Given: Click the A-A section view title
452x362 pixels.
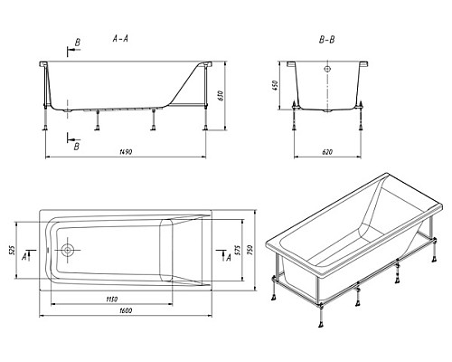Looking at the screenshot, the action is (120, 38).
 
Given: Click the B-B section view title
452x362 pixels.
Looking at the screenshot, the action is (327, 40).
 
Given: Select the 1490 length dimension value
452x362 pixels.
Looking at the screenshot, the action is (126, 152).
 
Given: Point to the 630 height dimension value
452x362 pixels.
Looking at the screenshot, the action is (221, 95).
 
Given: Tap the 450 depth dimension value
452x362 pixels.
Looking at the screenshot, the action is (275, 86).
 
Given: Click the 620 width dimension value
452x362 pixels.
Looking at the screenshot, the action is (327, 152).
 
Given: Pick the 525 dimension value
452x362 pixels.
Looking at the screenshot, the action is (12, 250).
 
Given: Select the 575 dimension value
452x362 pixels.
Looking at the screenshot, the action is (237, 250).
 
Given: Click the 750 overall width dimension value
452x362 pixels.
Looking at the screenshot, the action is (250, 250).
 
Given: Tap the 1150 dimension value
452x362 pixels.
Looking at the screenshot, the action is (111, 300).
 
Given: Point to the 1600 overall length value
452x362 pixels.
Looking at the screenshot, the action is (126, 310).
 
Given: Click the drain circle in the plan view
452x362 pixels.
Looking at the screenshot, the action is (68, 250).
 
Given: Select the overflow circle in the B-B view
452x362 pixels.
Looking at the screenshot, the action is (327, 69).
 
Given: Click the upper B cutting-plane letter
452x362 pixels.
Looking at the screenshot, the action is (78, 43).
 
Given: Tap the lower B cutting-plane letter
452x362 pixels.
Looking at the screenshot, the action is (77, 147).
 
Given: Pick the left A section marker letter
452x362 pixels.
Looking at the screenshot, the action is (24, 257).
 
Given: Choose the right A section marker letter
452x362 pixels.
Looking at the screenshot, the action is (229, 257).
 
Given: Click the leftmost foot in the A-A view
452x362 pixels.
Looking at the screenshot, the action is (45, 128).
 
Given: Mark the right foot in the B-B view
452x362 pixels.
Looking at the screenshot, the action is (361, 129).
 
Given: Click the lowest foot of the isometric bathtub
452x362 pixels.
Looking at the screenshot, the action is (321, 324).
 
